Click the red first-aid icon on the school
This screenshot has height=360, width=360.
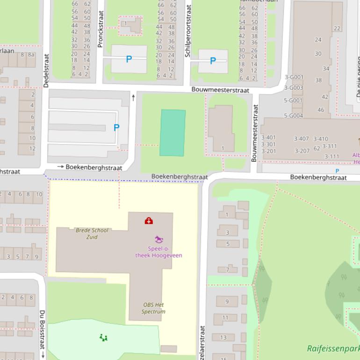click(x=149, y=220)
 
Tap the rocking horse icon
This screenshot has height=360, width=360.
click(x=159, y=239)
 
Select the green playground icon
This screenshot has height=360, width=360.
click(x=103, y=337)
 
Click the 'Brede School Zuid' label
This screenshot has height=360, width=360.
click(x=92, y=233)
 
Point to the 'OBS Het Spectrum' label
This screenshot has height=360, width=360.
click(x=153, y=308)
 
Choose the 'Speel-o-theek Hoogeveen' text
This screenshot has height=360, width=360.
click(x=158, y=252)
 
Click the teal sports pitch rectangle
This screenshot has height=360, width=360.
click(x=173, y=133)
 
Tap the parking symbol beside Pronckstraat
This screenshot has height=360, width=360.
click(x=129, y=59)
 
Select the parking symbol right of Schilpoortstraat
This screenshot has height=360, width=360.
click(x=213, y=61)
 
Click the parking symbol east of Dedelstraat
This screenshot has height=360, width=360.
click(x=116, y=127)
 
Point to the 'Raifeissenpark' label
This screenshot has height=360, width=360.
click(x=333, y=348)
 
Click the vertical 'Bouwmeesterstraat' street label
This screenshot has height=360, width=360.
click(x=255, y=133)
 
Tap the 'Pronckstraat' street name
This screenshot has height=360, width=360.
click(x=100, y=29)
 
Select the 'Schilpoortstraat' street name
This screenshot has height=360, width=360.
click(x=188, y=31)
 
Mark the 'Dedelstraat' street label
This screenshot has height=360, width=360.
click(x=46, y=70)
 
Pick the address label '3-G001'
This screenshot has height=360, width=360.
click(x=294, y=78)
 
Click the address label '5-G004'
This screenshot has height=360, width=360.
click(x=293, y=115)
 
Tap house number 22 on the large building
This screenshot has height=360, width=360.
click(x=337, y=29)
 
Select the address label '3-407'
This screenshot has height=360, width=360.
click(x=301, y=139)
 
